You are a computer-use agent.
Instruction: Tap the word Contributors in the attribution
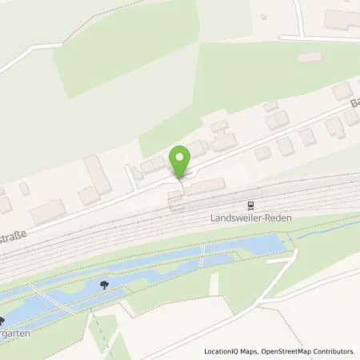coord(334,351)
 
